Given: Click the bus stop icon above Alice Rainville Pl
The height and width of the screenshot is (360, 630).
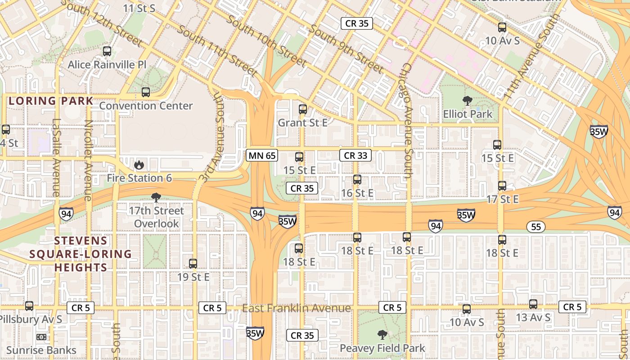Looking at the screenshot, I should (x=107, y=51).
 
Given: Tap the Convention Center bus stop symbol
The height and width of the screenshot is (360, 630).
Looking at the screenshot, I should (x=146, y=92).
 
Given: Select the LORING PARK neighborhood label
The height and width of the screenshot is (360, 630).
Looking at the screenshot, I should (x=51, y=101).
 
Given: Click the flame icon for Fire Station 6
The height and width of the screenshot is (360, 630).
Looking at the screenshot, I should (x=139, y=165).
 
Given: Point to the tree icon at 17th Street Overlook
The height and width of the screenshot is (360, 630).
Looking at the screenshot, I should (x=156, y=197).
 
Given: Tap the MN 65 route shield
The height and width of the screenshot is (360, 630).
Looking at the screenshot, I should (x=262, y=156).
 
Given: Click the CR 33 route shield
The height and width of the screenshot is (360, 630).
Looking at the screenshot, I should (x=355, y=156).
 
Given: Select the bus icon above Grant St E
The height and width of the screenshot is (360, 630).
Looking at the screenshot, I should (x=303, y=109).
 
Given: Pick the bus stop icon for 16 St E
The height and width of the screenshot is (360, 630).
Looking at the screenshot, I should (x=357, y=180).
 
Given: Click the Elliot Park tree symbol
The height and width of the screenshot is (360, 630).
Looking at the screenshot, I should (x=468, y=101).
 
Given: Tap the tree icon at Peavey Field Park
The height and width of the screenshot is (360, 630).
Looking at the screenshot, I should (x=382, y=334).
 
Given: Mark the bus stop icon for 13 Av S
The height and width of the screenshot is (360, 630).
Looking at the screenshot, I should (x=533, y=304).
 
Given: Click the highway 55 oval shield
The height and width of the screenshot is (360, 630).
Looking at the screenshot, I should (x=536, y=227).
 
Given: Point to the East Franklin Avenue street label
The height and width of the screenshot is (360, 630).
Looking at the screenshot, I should (x=296, y=308).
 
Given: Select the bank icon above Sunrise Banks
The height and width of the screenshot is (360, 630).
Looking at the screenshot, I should (x=41, y=337).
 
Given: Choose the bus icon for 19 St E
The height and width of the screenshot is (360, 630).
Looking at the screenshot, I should (x=193, y=264).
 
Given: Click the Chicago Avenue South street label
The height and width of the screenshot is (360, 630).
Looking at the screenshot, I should (x=406, y=121).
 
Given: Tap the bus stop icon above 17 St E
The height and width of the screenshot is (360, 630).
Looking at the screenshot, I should (x=502, y=185).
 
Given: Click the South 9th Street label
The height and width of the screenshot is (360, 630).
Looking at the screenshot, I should (x=346, y=49).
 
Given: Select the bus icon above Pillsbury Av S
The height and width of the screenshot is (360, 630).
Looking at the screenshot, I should (x=29, y=306).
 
